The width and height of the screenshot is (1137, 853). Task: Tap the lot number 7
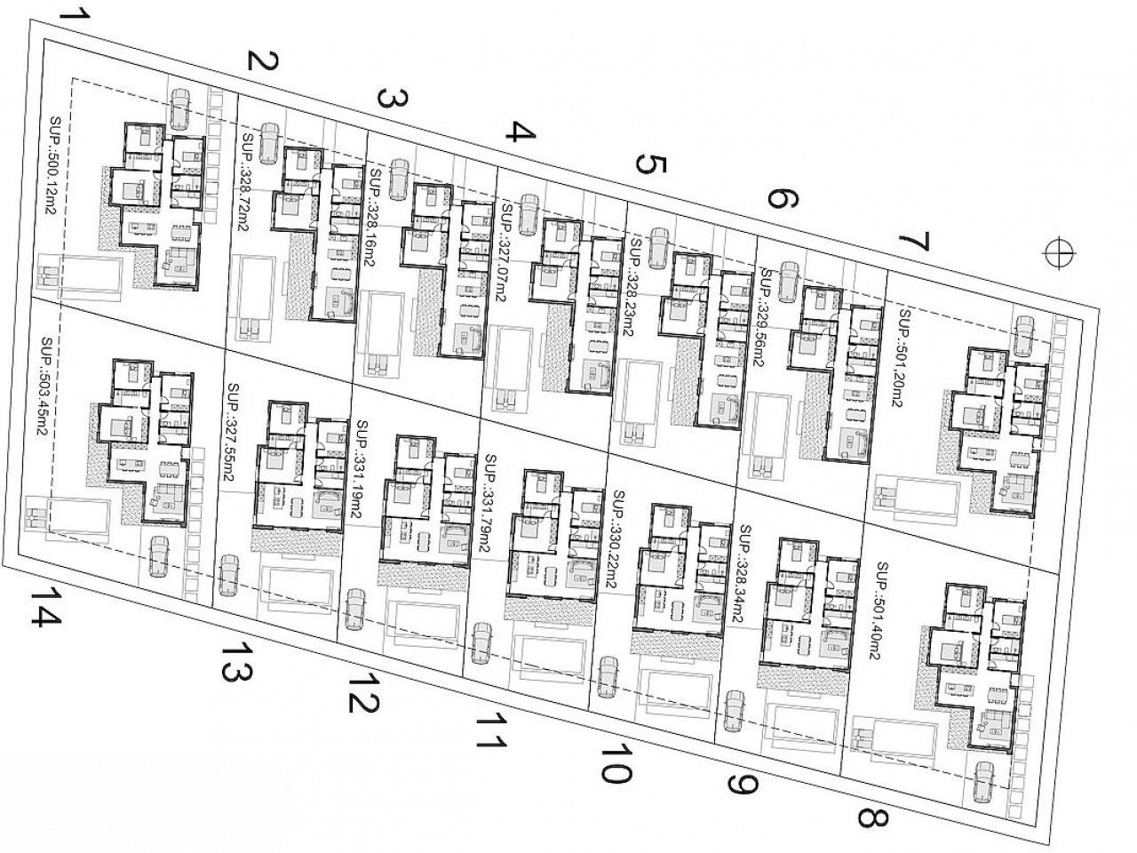(913, 243)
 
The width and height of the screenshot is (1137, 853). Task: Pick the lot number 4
(521, 133)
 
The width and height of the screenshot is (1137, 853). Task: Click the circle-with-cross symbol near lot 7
(1058, 252)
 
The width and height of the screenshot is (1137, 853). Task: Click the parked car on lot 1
(181, 108)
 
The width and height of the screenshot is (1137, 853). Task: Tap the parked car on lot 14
(160, 556)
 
